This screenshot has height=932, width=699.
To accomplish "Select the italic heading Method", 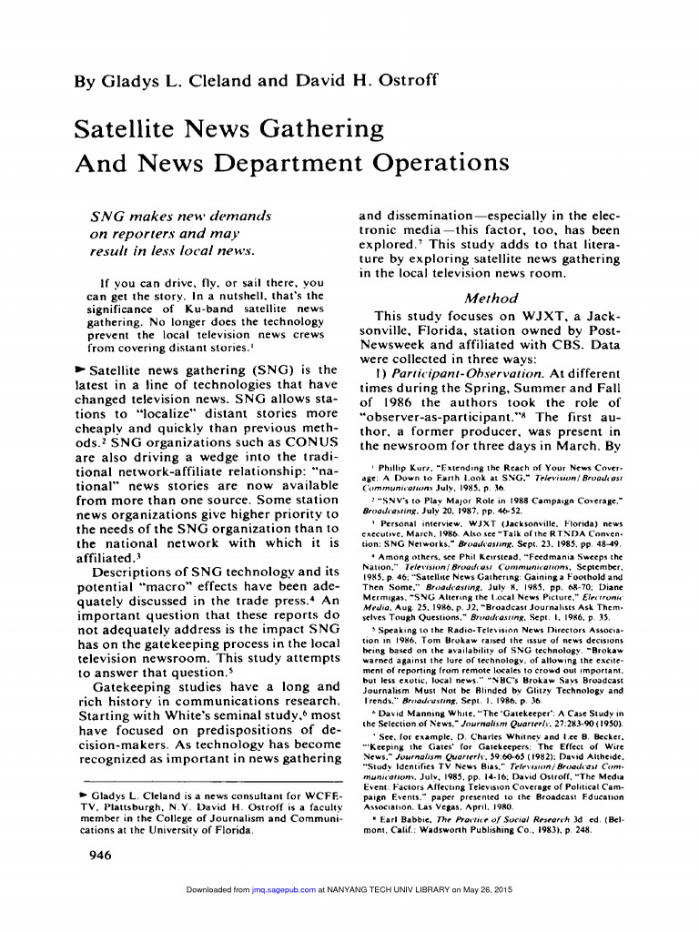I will (491, 298).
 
